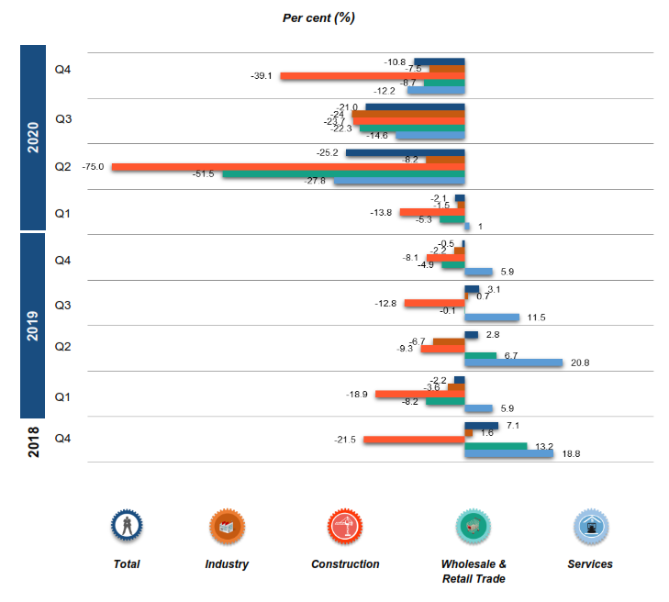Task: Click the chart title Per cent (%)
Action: click(318, 17)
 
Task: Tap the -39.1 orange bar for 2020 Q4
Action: click(372, 75)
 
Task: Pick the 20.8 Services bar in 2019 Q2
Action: click(513, 362)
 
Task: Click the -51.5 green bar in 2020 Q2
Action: click(343, 174)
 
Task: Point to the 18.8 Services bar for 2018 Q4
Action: click(508, 453)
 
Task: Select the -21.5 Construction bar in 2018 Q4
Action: click(414, 440)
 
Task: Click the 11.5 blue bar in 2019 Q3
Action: click(492, 318)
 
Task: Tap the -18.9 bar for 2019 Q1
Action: click(419, 395)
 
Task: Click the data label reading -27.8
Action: click(316, 182)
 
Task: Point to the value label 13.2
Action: click(545, 447)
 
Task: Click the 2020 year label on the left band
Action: click(32, 138)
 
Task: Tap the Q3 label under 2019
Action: click(63, 304)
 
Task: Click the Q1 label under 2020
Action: click(63, 214)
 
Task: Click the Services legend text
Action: click(590, 564)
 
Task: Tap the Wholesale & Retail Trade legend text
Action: click(474, 571)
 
